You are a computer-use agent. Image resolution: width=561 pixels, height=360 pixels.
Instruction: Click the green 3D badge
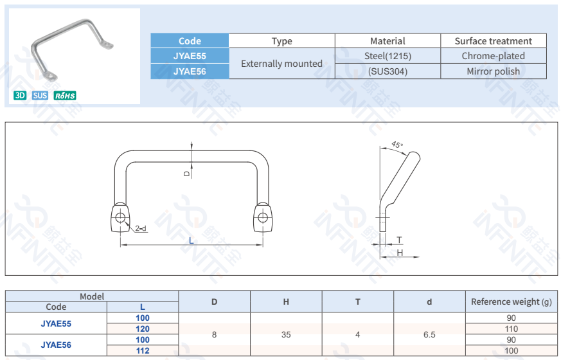20,96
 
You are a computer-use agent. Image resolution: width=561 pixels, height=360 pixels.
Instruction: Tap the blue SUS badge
40,96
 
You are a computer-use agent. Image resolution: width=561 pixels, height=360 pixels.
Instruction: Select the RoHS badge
65,96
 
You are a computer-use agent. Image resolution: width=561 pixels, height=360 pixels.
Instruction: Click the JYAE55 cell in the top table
190,56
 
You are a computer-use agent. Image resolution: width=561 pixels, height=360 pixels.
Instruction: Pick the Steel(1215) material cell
388,56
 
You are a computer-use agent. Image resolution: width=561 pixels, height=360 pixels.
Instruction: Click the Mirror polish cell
494,71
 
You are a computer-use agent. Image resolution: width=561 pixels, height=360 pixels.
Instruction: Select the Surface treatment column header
494,41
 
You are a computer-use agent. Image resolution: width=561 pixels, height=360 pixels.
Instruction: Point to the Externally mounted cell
281,64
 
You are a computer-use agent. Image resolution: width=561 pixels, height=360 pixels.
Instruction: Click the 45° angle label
397,145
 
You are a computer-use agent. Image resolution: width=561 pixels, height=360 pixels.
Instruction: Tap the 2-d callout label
141,228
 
